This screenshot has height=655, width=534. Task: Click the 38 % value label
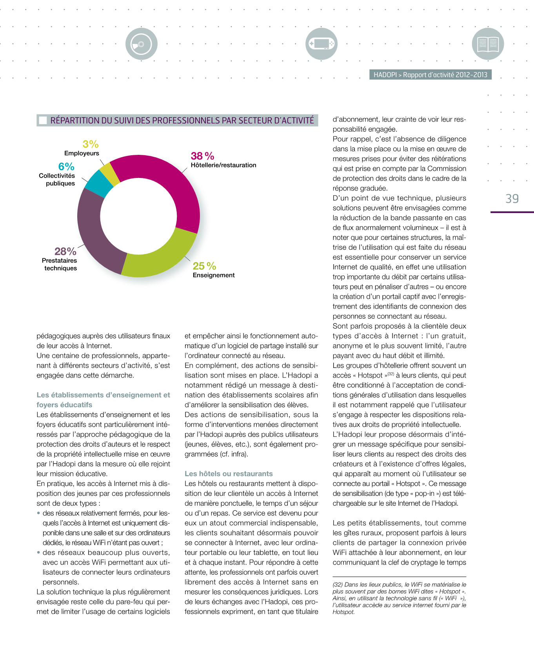[x=202, y=156]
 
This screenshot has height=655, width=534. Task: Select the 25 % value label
[x=204, y=266]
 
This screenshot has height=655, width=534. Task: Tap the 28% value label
[x=65, y=251]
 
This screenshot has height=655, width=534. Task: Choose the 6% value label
[x=66, y=167]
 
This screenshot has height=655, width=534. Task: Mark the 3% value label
[x=91, y=144]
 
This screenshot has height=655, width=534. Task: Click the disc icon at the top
[x=142, y=44]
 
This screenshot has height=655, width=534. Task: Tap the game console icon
[x=321, y=44]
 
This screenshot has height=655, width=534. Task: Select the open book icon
[x=488, y=44]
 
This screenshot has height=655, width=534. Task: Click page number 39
[x=512, y=199]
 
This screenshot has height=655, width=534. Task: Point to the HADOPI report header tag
[x=430, y=75]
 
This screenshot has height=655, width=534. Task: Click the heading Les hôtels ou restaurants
[x=229, y=474]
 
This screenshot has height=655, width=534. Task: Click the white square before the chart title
[x=43, y=120]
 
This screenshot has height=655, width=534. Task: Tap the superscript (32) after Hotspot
[x=391, y=374]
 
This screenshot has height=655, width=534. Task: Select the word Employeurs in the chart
[x=82, y=153]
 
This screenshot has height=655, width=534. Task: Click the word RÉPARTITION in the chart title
[x=74, y=120]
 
